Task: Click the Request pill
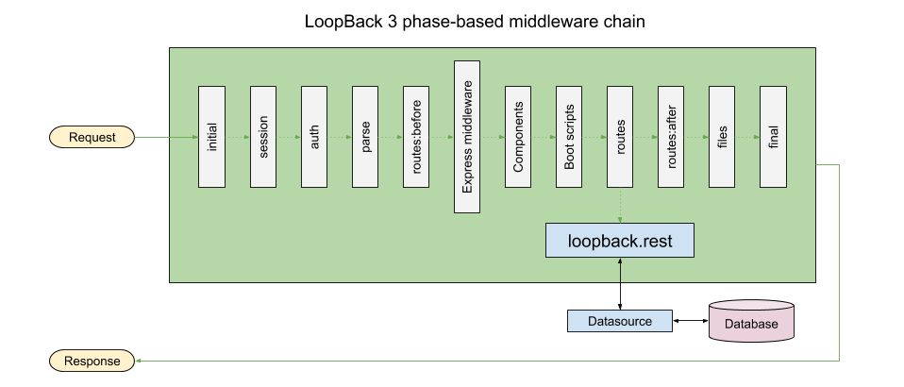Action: (x=92, y=138)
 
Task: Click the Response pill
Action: (x=92, y=361)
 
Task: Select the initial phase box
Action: (x=210, y=137)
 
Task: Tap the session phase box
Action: (x=262, y=137)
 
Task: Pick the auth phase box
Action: (x=313, y=137)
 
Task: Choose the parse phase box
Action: (x=364, y=137)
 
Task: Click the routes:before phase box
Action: (x=415, y=137)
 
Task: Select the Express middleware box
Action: (x=466, y=137)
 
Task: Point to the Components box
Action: (x=517, y=137)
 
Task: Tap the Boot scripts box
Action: (x=568, y=137)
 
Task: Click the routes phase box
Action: (x=619, y=137)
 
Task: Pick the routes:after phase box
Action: (x=670, y=137)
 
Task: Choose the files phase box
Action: (x=721, y=137)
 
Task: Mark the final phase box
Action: (x=772, y=137)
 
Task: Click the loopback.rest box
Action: (x=620, y=240)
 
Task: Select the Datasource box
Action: (x=619, y=321)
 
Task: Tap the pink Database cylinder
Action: (x=751, y=322)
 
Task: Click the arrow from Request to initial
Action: (x=165, y=138)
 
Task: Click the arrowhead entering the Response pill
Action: (x=139, y=361)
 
